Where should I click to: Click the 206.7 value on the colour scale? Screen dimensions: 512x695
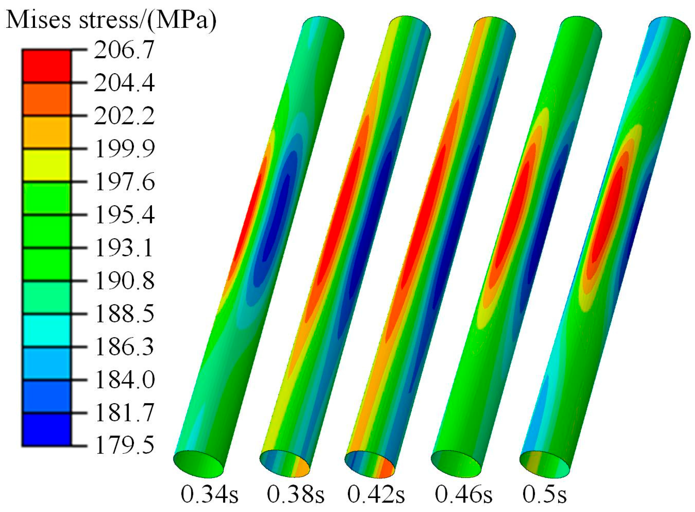124,50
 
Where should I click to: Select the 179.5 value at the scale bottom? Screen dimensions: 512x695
125,445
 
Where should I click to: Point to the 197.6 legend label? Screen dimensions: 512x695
125,182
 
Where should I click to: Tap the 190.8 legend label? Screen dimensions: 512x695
125,281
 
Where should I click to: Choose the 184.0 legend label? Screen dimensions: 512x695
125,380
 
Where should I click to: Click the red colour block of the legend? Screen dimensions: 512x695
46,66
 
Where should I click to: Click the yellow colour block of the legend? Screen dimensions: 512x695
46,165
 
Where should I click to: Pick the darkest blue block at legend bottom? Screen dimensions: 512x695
46,429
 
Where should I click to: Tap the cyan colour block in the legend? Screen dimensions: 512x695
46,330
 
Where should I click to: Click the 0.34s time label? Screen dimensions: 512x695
209,494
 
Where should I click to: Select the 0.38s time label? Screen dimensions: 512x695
295,494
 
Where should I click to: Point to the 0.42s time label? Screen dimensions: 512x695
376,494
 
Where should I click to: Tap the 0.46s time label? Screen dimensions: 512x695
463,494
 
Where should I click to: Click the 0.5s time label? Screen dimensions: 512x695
544,494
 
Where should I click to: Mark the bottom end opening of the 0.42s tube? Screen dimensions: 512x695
370,464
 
